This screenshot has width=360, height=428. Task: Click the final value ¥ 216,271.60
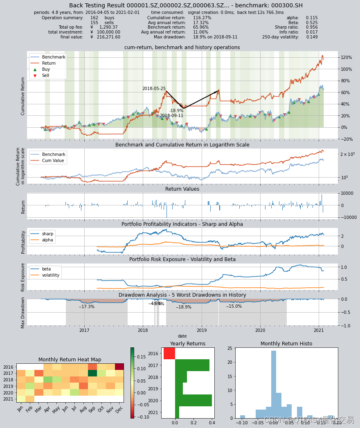pyautogui.click(x=105, y=37)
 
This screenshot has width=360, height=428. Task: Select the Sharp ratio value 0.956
pyautogui.click(x=312, y=27)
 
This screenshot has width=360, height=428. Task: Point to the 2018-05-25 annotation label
pyautogui.click(x=154, y=89)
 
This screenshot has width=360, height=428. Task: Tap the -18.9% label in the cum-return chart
pyautogui.click(x=176, y=111)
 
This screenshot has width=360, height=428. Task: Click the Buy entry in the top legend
pyautogui.click(x=46, y=70)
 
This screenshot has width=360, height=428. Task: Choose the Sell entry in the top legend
pyautogui.click(x=45, y=76)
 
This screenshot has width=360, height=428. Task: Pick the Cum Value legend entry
pyautogui.click(x=53, y=161)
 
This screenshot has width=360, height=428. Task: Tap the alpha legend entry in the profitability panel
pyautogui.click(x=47, y=240)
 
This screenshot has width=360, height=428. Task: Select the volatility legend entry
pyautogui.click(x=50, y=275)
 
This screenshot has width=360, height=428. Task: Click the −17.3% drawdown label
pyautogui.click(x=86, y=306)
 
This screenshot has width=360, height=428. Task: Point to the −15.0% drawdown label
pyautogui.click(x=234, y=306)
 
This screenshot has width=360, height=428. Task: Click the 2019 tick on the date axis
pyautogui.click(x=202, y=330)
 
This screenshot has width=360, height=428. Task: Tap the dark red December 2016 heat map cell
pyautogui.click(x=119, y=367)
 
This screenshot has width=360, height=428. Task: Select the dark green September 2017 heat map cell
pyautogui.click(x=92, y=373)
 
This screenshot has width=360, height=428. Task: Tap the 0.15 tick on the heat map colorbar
pyautogui.click(x=141, y=357)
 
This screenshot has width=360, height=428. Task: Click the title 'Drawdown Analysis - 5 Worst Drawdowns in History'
pyautogui.click(x=182, y=295)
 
